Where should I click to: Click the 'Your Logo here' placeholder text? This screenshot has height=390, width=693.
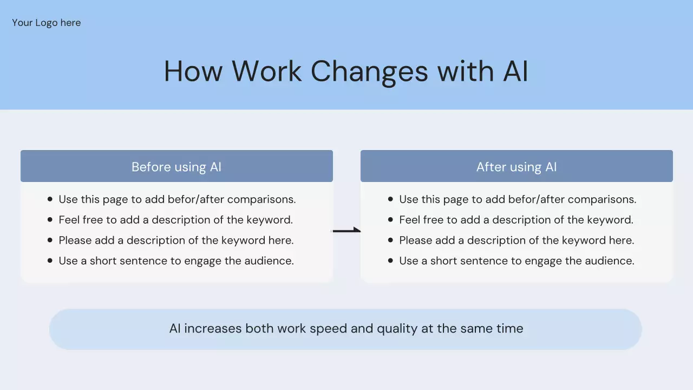(47, 23)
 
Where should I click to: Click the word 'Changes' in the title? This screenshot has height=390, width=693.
(369, 72)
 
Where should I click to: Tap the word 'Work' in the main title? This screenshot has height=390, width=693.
(267, 71)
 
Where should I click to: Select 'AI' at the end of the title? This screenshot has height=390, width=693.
(515, 71)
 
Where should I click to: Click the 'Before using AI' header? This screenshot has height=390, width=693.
(176, 167)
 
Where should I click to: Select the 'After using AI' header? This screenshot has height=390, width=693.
(517, 167)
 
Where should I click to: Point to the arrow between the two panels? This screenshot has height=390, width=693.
(346, 231)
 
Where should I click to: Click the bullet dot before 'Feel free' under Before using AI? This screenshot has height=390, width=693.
(50, 219)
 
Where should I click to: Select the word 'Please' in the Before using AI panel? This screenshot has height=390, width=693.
(75, 240)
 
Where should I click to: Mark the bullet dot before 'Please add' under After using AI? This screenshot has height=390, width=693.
(390, 240)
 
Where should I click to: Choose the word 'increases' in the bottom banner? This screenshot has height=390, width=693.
(213, 328)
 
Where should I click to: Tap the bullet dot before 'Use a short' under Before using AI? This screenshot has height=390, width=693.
(50, 261)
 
